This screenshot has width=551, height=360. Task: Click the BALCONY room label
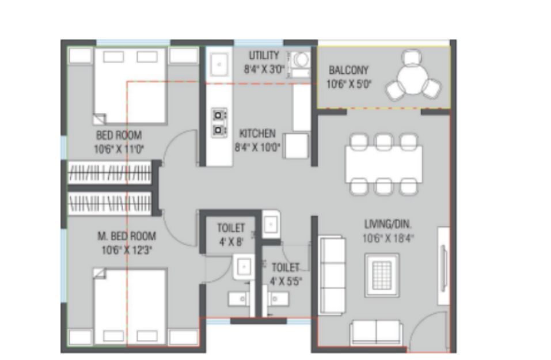pyautogui.click(x=348, y=70)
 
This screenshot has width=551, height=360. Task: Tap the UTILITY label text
pyautogui.click(x=264, y=55)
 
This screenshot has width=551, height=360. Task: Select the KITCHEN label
pyautogui.click(x=257, y=134)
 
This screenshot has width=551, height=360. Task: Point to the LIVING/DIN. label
pyautogui.click(x=387, y=224)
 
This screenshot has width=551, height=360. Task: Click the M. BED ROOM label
pyautogui.click(x=127, y=236)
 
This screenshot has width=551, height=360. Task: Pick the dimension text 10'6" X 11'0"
pyautogui.click(x=119, y=149)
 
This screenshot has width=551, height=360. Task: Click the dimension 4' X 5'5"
pyautogui.click(x=286, y=281)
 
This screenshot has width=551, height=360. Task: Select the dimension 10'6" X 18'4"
pyautogui.click(x=388, y=238)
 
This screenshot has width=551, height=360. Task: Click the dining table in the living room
pyautogui.click(x=383, y=164)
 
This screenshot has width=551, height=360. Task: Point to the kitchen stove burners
pyautogui.click(x=219, y=123)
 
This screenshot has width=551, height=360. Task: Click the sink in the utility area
pyautogui.click(x=219, y=65)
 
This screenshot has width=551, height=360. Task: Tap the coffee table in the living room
pyautogui.click(x=382, y=275)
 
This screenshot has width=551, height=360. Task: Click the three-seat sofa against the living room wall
pyautogui.click(x=332, y=275)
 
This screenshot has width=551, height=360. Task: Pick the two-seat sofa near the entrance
pyautogui.click(x=376, y=332)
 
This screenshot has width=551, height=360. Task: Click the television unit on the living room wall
pyautogui.click(x=443, y=266)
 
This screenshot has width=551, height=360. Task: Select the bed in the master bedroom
pyautogui.click(x=130, y=306)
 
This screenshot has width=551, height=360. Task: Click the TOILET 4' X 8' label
pyautogui.click(x=231, y=235)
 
